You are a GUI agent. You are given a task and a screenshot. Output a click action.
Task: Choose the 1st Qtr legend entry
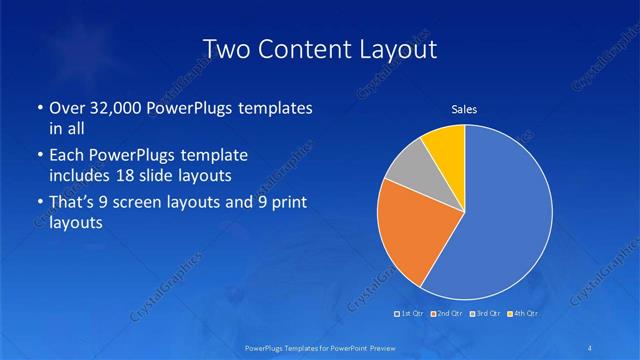[x=411, y=314]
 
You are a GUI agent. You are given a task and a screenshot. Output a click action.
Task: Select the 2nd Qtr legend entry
[x=446, y=314]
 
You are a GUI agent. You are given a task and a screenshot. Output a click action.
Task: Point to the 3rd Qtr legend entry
[x=485, y=314]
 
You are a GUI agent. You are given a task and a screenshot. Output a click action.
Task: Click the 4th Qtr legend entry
[x=523, y=314]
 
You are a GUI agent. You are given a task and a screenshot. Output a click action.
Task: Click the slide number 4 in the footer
[x=592, y=347]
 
